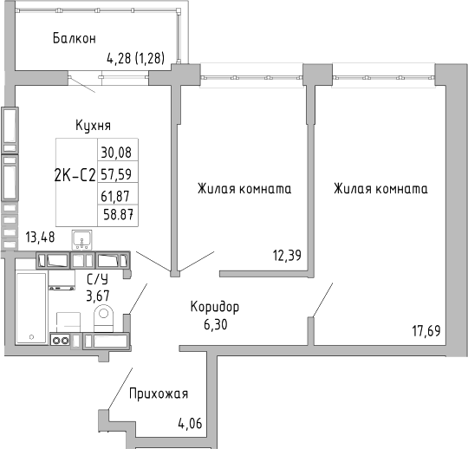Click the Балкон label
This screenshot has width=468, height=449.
pos(74,38)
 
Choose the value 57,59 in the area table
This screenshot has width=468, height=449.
pos(117,173)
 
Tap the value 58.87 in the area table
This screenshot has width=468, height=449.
pos(117,213)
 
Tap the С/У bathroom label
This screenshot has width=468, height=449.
pos(98,278)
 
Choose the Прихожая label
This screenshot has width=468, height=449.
pos(158,394)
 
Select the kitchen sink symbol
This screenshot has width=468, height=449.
pos(83,237)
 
